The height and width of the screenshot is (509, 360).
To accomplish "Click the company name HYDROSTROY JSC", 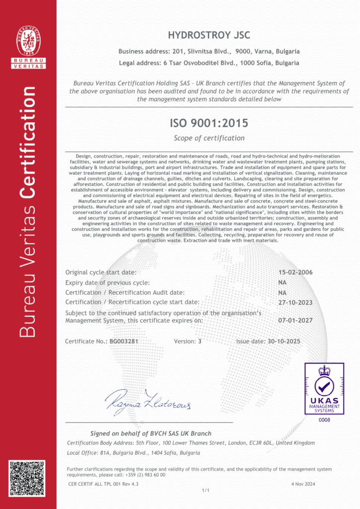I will coord(209,35).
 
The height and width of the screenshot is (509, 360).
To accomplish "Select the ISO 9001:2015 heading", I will coord(209,122).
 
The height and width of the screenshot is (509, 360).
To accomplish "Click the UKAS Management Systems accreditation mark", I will coord(324,389).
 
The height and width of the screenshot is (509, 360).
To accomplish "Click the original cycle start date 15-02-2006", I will coord(295,272).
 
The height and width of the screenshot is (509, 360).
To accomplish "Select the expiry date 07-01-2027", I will coord(295,320).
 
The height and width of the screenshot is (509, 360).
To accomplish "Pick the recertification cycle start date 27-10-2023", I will coord(295,302).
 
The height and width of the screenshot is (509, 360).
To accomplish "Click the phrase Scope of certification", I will coord(209,138).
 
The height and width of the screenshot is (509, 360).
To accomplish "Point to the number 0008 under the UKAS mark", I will coord(324,420).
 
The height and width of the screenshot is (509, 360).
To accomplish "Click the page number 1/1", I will coord(205,490).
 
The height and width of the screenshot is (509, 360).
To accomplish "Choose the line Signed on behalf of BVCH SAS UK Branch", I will coord(151,433).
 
